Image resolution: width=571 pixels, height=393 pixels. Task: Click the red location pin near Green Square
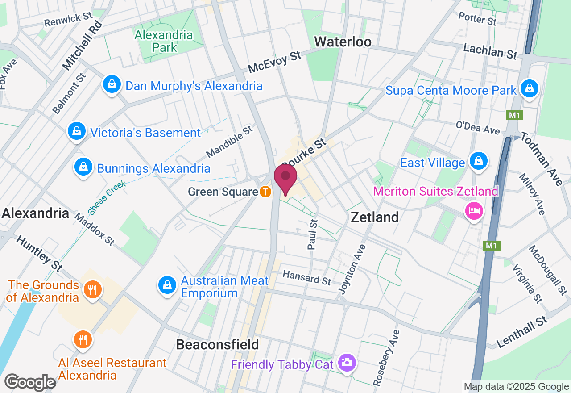point(285,178)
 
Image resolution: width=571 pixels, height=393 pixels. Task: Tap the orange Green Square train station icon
point(265,192)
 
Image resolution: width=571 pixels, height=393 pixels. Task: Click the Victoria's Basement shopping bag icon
point(77,131)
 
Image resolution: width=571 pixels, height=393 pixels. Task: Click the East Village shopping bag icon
point(479,161)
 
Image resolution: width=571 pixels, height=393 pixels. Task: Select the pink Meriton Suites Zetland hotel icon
point(474,210)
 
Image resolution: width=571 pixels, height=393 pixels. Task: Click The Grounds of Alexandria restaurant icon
point(93,289)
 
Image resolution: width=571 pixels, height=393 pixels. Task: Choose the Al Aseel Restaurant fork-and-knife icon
point(83,339)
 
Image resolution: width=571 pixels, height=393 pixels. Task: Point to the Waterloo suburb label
point(343,42)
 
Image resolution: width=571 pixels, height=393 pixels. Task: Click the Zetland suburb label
point(375,217)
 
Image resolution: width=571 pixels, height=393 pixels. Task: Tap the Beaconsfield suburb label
point(217,344)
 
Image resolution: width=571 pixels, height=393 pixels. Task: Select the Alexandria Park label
point(164,41)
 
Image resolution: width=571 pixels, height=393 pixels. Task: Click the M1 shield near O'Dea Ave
point(514,115)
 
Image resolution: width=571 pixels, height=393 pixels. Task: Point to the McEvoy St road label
point(275,62)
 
